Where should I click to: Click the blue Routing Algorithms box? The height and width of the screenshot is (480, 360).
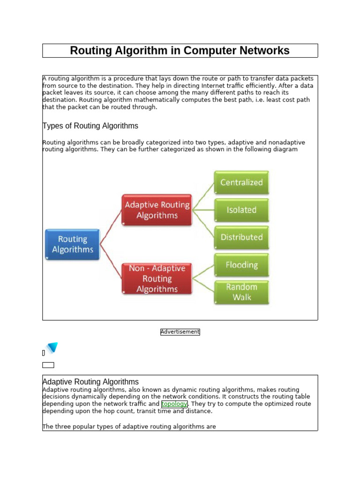pyautogui.click(x=73, y=244)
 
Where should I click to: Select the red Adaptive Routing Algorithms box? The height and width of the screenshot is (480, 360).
pyautogui.click(x=157, y=210)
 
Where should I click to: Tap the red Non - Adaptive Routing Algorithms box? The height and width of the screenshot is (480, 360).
pyautogui.click(x=157, y=278)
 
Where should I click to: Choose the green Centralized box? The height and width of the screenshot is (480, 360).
pyautogui.click(x=241, y=182)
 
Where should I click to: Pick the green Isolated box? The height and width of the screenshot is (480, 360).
pyautogui.click(x=241, y=210)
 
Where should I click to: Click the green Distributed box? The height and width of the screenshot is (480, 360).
pyautogui.click(x=241, y=237)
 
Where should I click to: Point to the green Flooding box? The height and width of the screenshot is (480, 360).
pyautogui.click(x=241, y=265)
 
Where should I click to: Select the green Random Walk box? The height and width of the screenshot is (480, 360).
pyautogui.click(x=241, y=292)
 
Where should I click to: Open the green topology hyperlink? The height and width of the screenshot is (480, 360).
pyautogui.click(x=174, y=404)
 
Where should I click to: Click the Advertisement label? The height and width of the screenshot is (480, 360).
pyautogui.click(x=180, y=332)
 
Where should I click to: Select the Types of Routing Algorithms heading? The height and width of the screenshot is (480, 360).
pyautogui.click(x=90, y=126)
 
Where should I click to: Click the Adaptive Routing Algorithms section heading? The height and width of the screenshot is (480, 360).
pyautogui.click(x=90, y=382)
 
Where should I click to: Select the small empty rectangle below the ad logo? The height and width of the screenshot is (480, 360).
pyautogui.click(x=48, y=365)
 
